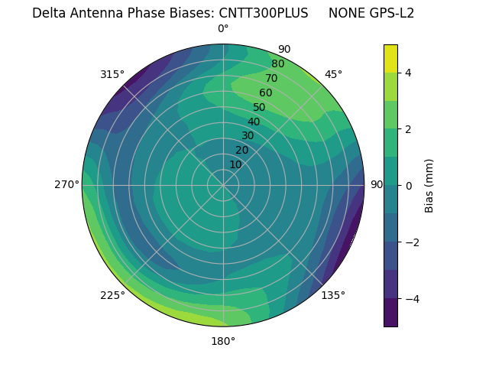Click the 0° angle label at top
point(223,29)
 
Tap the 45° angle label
point(333,74)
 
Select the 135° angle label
point(333,295)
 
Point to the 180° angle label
point(223,341)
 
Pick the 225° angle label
point(112,295)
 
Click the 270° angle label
point(66,184)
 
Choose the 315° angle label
point(112,74)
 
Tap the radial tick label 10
point(235,164)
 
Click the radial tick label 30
point(248,136)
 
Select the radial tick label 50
point(260,108)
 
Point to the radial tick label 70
point(271,79)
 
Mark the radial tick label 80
point(277,64)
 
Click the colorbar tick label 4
point(409,73)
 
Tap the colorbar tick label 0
point(409,185)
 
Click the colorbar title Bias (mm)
point(429,185)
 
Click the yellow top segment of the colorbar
point(390,58)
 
